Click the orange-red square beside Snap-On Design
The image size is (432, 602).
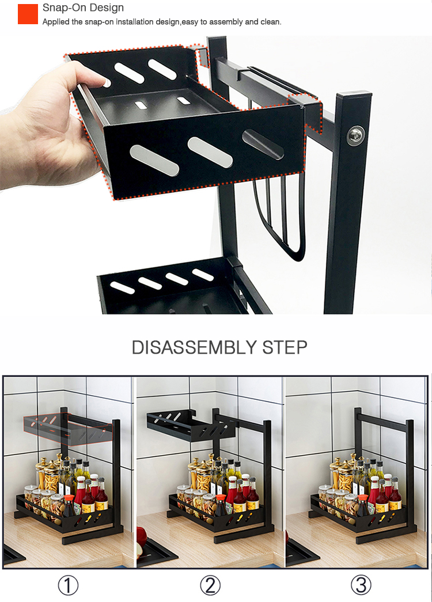point(28,14)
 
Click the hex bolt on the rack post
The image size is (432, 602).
point(355,135)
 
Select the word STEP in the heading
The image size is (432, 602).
point(285,347)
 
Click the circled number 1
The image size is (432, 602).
point(68,585)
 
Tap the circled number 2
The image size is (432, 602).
point(210,585)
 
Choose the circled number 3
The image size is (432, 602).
point(361,585)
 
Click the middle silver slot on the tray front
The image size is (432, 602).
point(210,152)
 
